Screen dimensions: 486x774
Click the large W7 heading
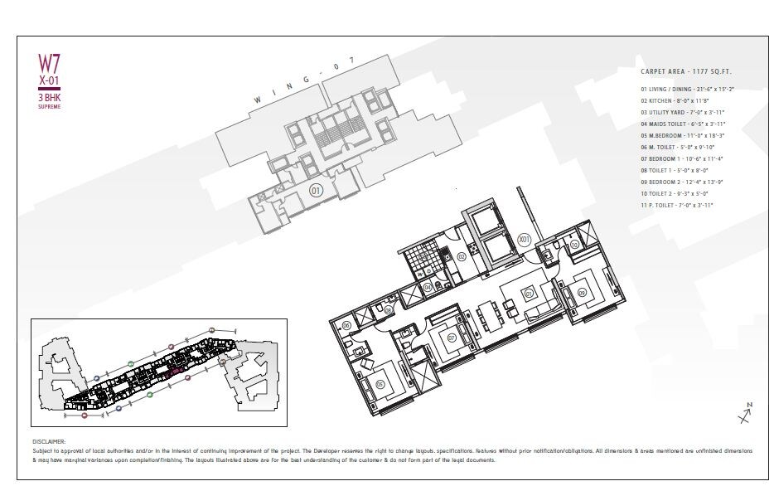point(47,64)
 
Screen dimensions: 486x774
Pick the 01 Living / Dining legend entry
point(688,88)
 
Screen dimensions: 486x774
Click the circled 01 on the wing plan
point(315,190)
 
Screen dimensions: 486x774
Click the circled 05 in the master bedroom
point(380,384)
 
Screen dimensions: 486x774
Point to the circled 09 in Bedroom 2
point(582,292)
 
